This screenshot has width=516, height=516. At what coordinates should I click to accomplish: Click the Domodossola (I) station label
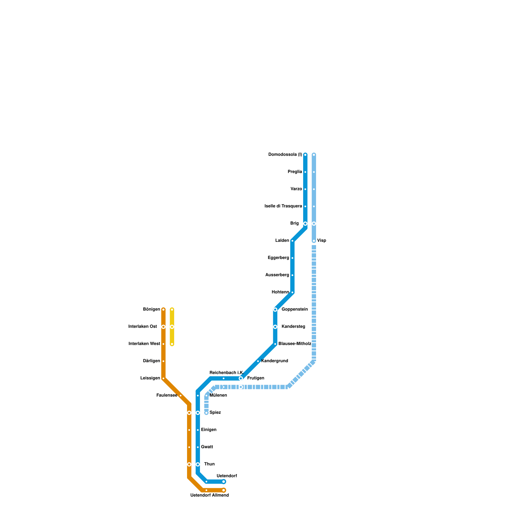(x=285, y=155)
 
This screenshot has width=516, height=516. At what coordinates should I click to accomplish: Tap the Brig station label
(x=294, y=223)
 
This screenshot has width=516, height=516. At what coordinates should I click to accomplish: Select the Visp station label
(x=322, y=241)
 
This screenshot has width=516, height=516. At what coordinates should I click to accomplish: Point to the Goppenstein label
(x=294, y=310)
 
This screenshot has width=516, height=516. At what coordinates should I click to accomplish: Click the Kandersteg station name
(x=293, y=327)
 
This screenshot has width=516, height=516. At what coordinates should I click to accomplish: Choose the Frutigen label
(x=255, y=378)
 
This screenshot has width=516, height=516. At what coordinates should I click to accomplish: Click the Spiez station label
(x=215, y=412)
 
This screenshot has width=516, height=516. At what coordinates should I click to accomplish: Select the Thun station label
(x=209, y=464)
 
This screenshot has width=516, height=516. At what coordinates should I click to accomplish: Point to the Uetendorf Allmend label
(x=209, y=495)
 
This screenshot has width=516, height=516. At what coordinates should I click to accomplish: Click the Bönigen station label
(x=151, y=310)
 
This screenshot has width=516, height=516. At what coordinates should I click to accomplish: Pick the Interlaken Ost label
(x=143, y=327)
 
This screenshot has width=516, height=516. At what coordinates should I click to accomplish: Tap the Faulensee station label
(x=166, y=395)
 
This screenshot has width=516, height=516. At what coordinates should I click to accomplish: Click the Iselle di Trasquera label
(x=283, y=206)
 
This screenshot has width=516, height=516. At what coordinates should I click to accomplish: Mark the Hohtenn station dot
(x=293, y=293)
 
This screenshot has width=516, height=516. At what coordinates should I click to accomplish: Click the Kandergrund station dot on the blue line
(x=258, y=361)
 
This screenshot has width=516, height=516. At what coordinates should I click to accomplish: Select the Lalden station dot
(x=293, y=241)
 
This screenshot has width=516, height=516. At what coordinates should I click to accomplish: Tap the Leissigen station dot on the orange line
(x=164, y=378)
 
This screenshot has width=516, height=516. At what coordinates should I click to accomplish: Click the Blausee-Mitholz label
(x=295, y=344)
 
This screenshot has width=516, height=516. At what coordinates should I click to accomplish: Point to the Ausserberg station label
(x=277, y=275)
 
